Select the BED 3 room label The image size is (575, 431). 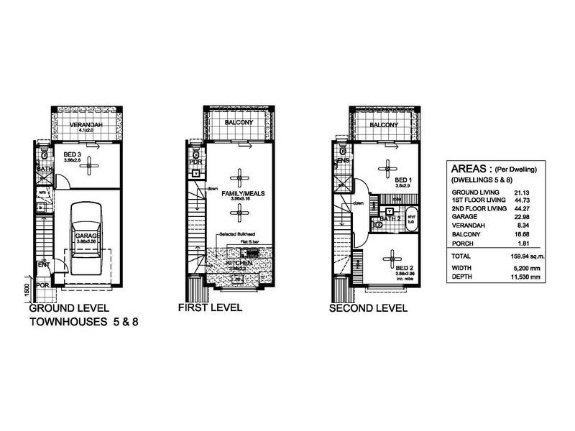click(x=72, y=154)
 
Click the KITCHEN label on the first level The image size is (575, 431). click(x=239, y=264)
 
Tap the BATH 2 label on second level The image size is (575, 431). click(x=388, y=218)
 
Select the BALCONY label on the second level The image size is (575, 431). click(x=384, y=125)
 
